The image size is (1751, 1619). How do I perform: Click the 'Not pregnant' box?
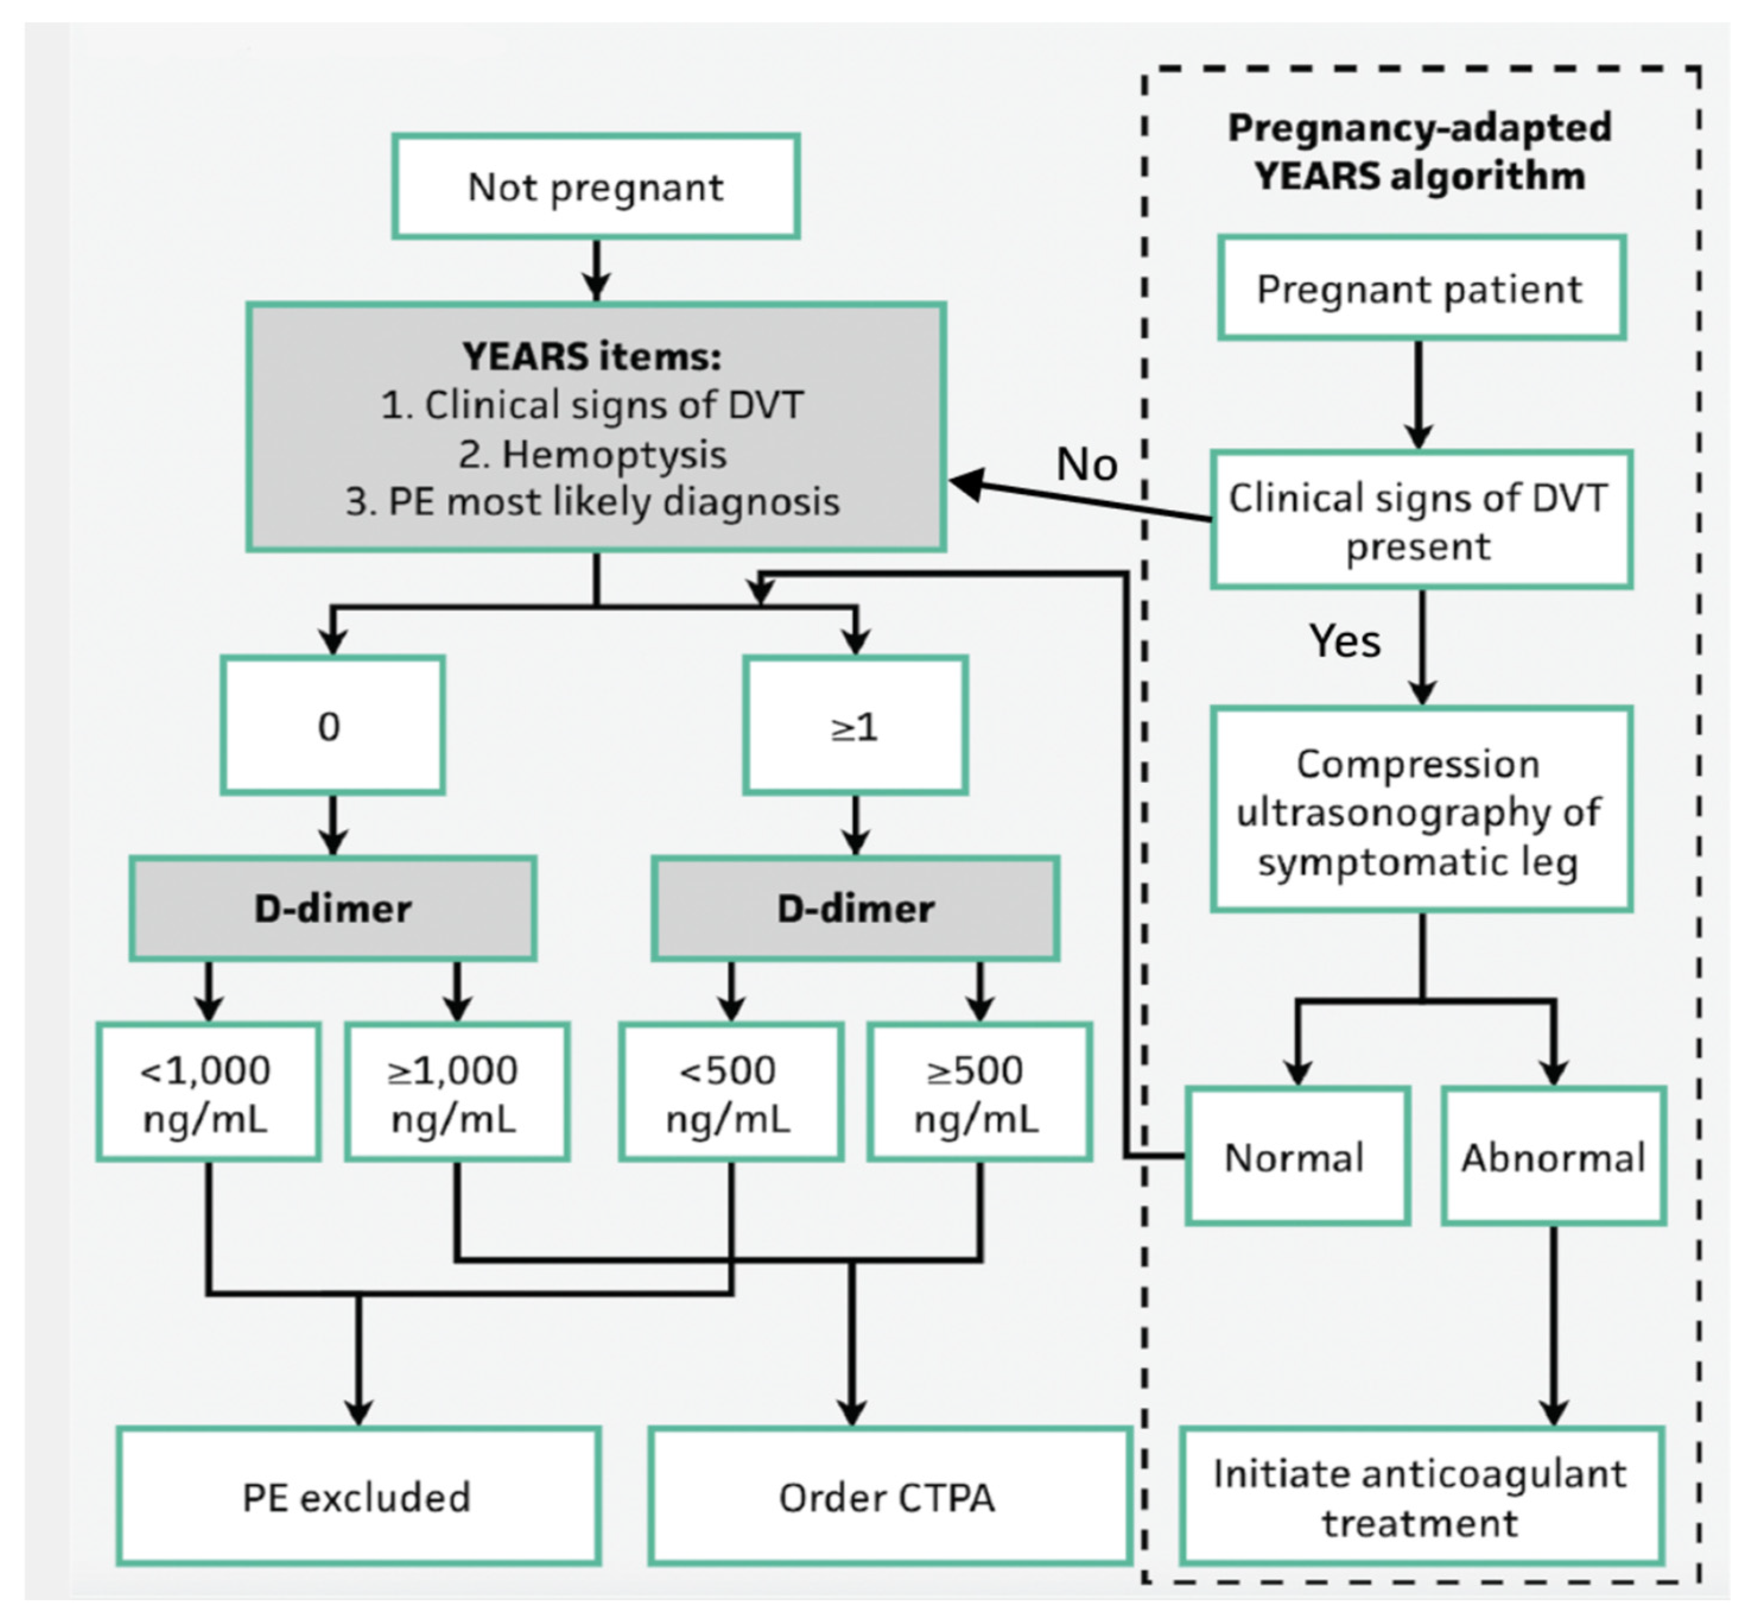click(x=595, y=186)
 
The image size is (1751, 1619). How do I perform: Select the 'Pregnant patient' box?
click(x=1420, y=288)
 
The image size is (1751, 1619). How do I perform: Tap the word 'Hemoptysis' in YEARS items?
click(x=592, y=454)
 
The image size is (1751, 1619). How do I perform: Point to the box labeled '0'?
click(x=331, y=725)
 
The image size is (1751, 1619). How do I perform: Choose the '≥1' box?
click(x=855, y=725)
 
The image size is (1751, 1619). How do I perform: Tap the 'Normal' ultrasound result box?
click(x=1296, y=1157)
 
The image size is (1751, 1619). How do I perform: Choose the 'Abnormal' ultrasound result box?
click(x=1553, y=1157)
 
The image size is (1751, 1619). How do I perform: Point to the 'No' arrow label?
click(x=1087, y=464)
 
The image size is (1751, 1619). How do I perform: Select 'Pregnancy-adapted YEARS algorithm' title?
click(x=1420, y=151)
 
